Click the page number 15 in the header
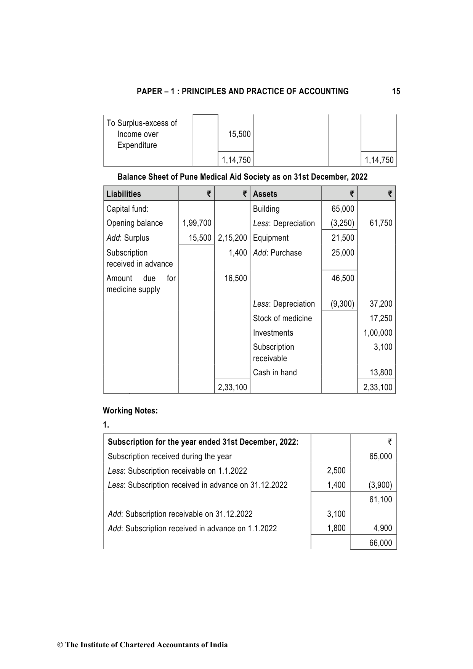point(396,92)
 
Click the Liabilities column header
point(123,194)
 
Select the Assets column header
point(265,194)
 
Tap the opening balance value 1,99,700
point(197,223)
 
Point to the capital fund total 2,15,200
point(232,238)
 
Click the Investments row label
point(273,333)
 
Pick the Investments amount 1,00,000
point(378,333)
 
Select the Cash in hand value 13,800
point(381,373)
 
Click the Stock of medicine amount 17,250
point(381,318)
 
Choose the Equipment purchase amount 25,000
point(343,253)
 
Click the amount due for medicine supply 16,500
point(236,278)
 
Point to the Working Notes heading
point(130,411)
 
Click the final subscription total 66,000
point(380,543)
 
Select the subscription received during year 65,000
point(380,457)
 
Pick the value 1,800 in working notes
point(336,529)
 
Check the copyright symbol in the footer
point(60,645)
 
